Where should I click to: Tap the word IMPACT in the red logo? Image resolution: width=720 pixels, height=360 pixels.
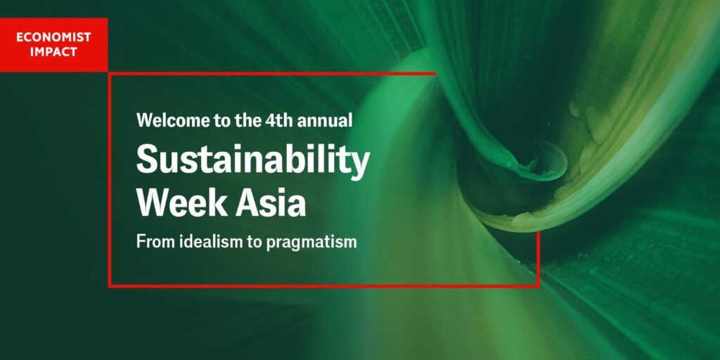point(53,51)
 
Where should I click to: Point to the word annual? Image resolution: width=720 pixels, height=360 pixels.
point(326,120)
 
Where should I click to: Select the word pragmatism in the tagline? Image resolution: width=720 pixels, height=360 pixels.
point(311,243)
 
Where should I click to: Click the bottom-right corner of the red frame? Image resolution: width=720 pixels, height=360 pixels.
point(538,286)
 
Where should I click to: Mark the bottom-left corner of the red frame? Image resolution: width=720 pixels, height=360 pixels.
point(110,286)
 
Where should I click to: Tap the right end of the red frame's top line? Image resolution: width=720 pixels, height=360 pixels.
point(435,73)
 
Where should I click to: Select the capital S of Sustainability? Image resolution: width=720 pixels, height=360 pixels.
point(148,158)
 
